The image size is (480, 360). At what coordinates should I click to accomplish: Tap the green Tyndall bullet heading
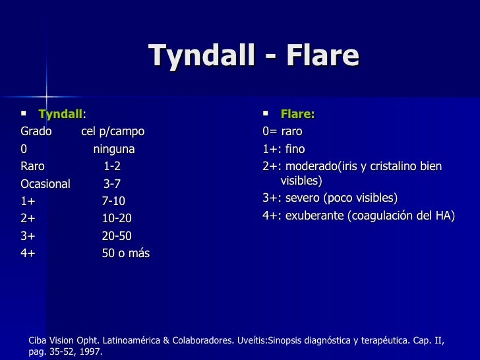point(60,113)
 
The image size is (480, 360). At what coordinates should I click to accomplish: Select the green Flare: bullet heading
point(297,113)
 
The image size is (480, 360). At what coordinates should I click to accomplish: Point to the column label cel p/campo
point(113,131)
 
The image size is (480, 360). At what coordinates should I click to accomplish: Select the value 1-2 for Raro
point(112,166)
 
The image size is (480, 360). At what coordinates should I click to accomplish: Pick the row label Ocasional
point(45,184)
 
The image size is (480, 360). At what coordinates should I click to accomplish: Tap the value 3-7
point(112,184)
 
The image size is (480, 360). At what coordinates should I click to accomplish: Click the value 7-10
point(113,201)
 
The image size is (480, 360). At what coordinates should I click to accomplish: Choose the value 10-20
point(117,218)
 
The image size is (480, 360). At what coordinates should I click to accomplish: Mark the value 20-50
point(117,236)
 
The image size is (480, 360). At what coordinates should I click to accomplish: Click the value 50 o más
point(125,253)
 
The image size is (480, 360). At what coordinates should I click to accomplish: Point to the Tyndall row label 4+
point(28,253)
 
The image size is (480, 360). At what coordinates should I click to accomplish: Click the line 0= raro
point(282,131)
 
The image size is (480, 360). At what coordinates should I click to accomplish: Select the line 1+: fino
point(284,149)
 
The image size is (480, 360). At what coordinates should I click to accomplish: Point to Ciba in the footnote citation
point(38,340)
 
